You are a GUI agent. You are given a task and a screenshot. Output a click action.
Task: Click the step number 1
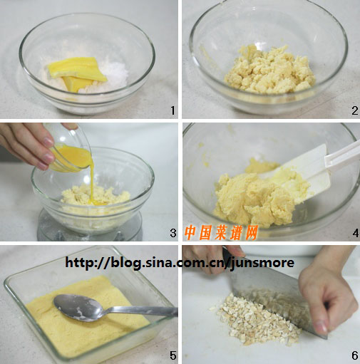coord(173,110)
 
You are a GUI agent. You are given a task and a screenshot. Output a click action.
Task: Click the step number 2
coord(355,110)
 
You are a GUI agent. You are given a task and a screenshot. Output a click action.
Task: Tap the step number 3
coord(173,233)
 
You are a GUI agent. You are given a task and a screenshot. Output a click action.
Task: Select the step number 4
coord(356,233)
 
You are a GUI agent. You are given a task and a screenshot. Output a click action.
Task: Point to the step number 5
coord(173,355)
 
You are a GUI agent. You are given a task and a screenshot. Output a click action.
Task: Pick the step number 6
coord(355,355)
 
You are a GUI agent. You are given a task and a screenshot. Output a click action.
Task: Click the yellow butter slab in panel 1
coord(77,73)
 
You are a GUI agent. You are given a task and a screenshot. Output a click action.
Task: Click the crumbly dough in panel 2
coord(269,70)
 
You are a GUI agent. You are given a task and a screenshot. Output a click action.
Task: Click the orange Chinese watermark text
coord(221,232)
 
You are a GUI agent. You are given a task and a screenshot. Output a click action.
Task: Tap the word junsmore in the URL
coord(262,263)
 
